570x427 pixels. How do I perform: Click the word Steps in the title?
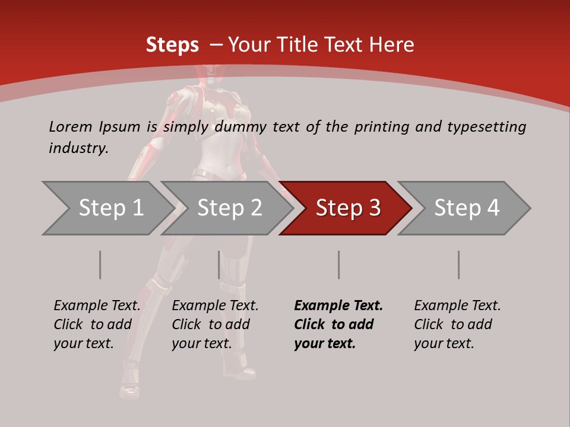172,45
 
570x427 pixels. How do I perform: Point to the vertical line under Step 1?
100,265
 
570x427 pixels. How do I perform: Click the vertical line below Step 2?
219,265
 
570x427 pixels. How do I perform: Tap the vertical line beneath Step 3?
338,265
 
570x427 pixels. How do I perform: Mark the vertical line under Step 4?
459,265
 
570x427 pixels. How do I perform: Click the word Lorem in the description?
70,127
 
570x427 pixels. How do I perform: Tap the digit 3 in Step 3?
374,208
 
